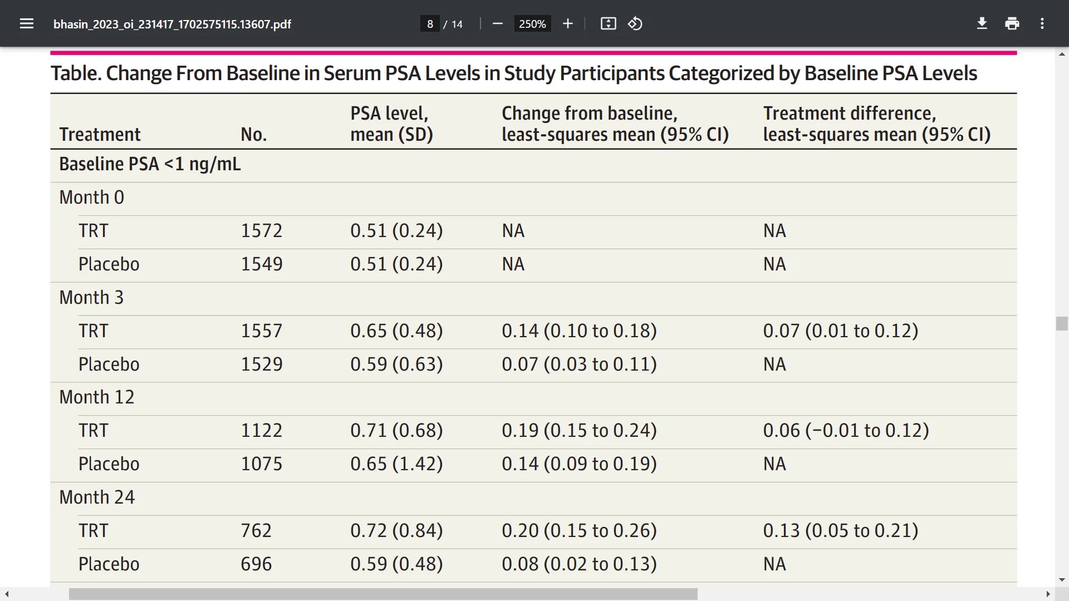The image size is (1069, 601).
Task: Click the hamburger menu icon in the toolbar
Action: point(27,24)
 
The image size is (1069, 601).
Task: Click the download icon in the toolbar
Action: point(982,23)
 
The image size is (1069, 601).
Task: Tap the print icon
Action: point(1012,23)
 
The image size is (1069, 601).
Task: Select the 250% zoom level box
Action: point(532,24)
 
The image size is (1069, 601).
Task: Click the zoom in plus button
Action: point(568,23)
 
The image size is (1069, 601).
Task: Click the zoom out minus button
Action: point(498,23)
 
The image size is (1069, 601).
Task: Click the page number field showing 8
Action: point(430,24)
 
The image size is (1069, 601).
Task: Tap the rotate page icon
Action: point(635,23)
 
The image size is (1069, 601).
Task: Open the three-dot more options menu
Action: point(1042,23)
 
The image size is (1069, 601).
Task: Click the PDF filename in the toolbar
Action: point(172,24)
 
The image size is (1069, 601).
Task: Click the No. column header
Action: point(253,134)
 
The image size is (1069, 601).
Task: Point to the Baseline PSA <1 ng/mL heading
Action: point(150,164)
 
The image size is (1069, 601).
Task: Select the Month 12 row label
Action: point(97,397)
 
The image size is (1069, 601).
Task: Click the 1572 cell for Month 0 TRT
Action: point(262,230)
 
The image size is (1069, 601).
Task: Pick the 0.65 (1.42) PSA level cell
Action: point(396,464)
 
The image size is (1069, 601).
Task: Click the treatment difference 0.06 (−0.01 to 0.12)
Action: point(846,430)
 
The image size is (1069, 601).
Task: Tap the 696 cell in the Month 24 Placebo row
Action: point(256,564)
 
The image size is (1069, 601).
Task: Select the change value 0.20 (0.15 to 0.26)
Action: point(579,530)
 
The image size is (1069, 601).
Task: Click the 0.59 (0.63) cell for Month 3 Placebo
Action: point(396,364)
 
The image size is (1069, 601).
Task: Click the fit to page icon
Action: point(608,23)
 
